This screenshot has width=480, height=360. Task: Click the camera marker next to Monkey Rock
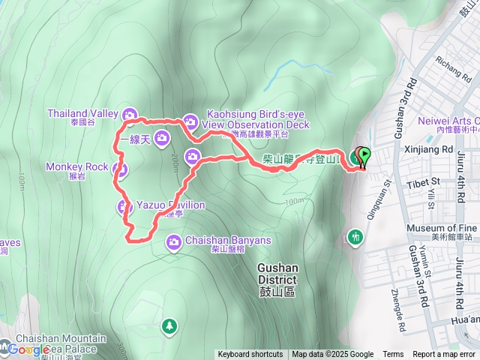119,169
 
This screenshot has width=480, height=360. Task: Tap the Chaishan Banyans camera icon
174,241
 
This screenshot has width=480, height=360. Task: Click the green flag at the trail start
364,156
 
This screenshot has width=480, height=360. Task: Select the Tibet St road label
423,181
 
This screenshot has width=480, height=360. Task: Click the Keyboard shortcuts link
250,355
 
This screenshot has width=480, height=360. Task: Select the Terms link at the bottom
393,355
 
